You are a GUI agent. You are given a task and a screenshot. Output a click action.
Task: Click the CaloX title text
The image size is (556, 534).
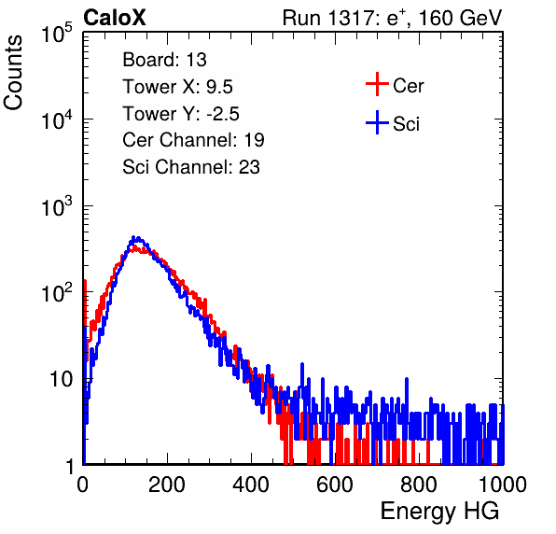click(x=115, y=18)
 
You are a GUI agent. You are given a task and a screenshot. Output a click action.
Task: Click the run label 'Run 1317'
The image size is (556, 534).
click(x=326, y=18)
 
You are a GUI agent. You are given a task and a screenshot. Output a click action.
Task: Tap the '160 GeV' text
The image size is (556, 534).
click(x=460, y=18)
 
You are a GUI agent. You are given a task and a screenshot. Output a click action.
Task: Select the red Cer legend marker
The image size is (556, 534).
click(x=377, y=84)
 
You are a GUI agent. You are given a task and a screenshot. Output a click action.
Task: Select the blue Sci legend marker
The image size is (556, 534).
click(x=377, y=123)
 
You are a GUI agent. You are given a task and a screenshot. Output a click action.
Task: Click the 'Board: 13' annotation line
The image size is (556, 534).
click(x=164, y=60)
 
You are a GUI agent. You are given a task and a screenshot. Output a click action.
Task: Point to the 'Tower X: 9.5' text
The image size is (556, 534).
click(x=177, y=87)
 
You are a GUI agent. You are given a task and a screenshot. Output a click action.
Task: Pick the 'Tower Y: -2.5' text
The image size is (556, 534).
click(x=181, y=114)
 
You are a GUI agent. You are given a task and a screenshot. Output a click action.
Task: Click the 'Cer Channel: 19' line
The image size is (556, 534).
click(x=193, y=140)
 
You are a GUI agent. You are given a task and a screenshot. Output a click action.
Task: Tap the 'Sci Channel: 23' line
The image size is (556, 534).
click(x=191, y=167)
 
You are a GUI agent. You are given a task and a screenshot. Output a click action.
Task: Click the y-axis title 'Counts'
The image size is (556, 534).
click(x=13, y=73)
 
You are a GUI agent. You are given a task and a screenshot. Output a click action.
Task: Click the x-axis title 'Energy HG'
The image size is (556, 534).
click(x=439, y=512)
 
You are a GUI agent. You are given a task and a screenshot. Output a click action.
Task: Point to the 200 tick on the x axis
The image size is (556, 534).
click(x=167, y=485)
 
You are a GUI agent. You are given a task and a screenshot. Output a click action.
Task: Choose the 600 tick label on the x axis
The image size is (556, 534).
click(x=335, y=485)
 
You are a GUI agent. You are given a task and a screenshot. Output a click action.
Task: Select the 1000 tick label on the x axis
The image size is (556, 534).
click(x=503, y=485)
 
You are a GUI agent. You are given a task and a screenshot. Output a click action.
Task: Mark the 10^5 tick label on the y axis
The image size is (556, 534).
click(x=56, y=33)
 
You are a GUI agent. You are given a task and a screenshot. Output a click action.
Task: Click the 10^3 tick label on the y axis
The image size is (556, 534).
click(x=56, y=206)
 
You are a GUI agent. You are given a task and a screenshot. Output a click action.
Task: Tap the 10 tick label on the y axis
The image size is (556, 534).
click(x=61, y=379)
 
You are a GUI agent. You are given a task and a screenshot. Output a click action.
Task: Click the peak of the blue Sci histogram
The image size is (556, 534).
click(x=133, y=237)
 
